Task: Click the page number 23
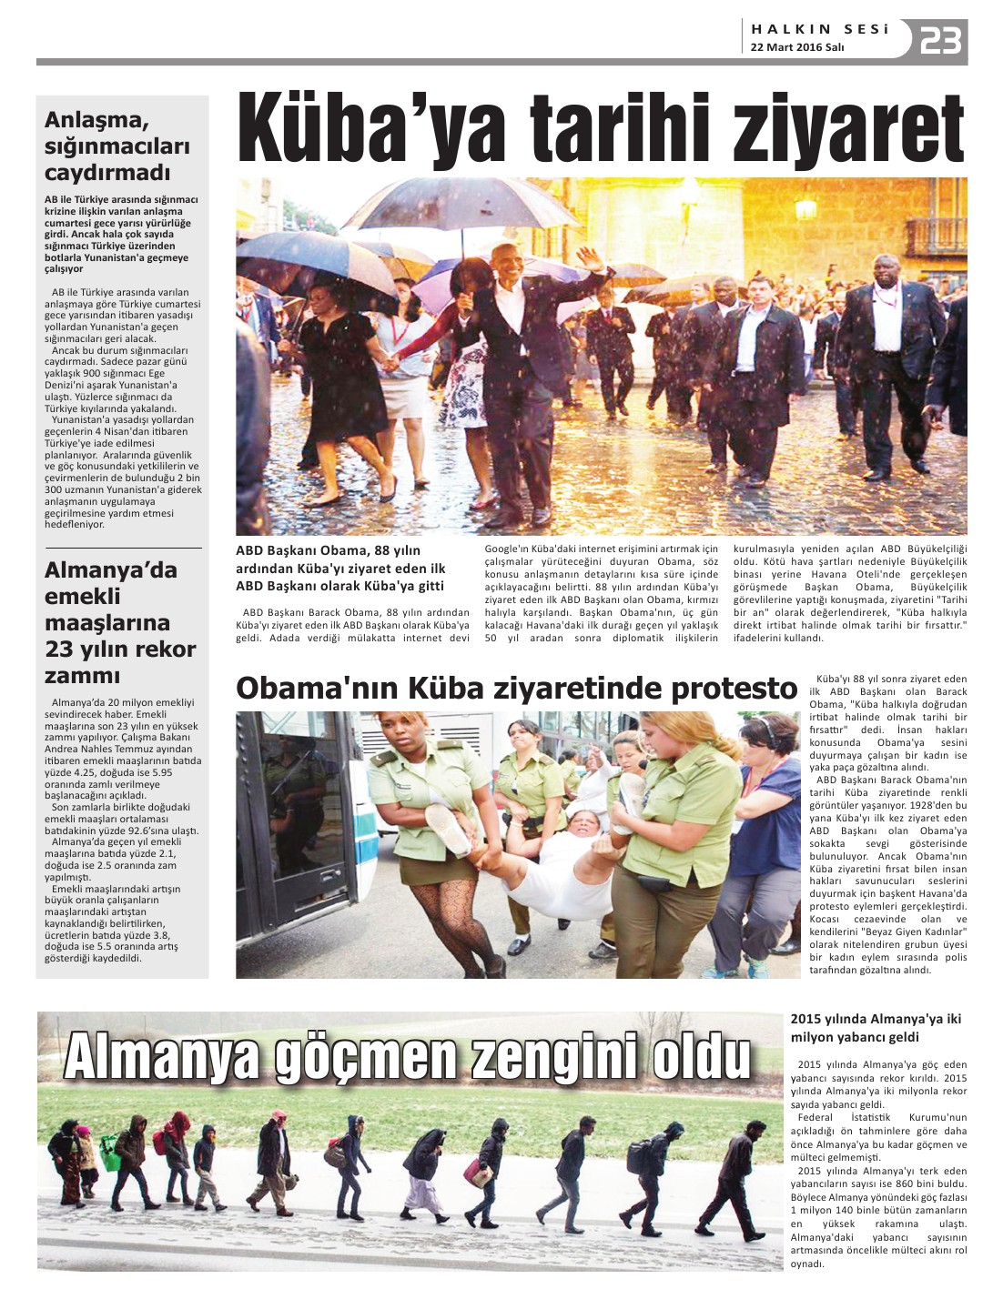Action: click(x=940, y=41)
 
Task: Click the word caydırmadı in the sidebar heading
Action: click(x=107, y=172)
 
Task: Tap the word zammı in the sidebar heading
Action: click(x=83, y=675)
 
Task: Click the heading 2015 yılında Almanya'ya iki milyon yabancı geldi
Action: click(x=876, y=1028)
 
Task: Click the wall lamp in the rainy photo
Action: click(x=805, y=210)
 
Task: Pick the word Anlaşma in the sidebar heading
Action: click(x=96, y=119)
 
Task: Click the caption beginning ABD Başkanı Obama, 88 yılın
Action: click(x=340, y=568)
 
